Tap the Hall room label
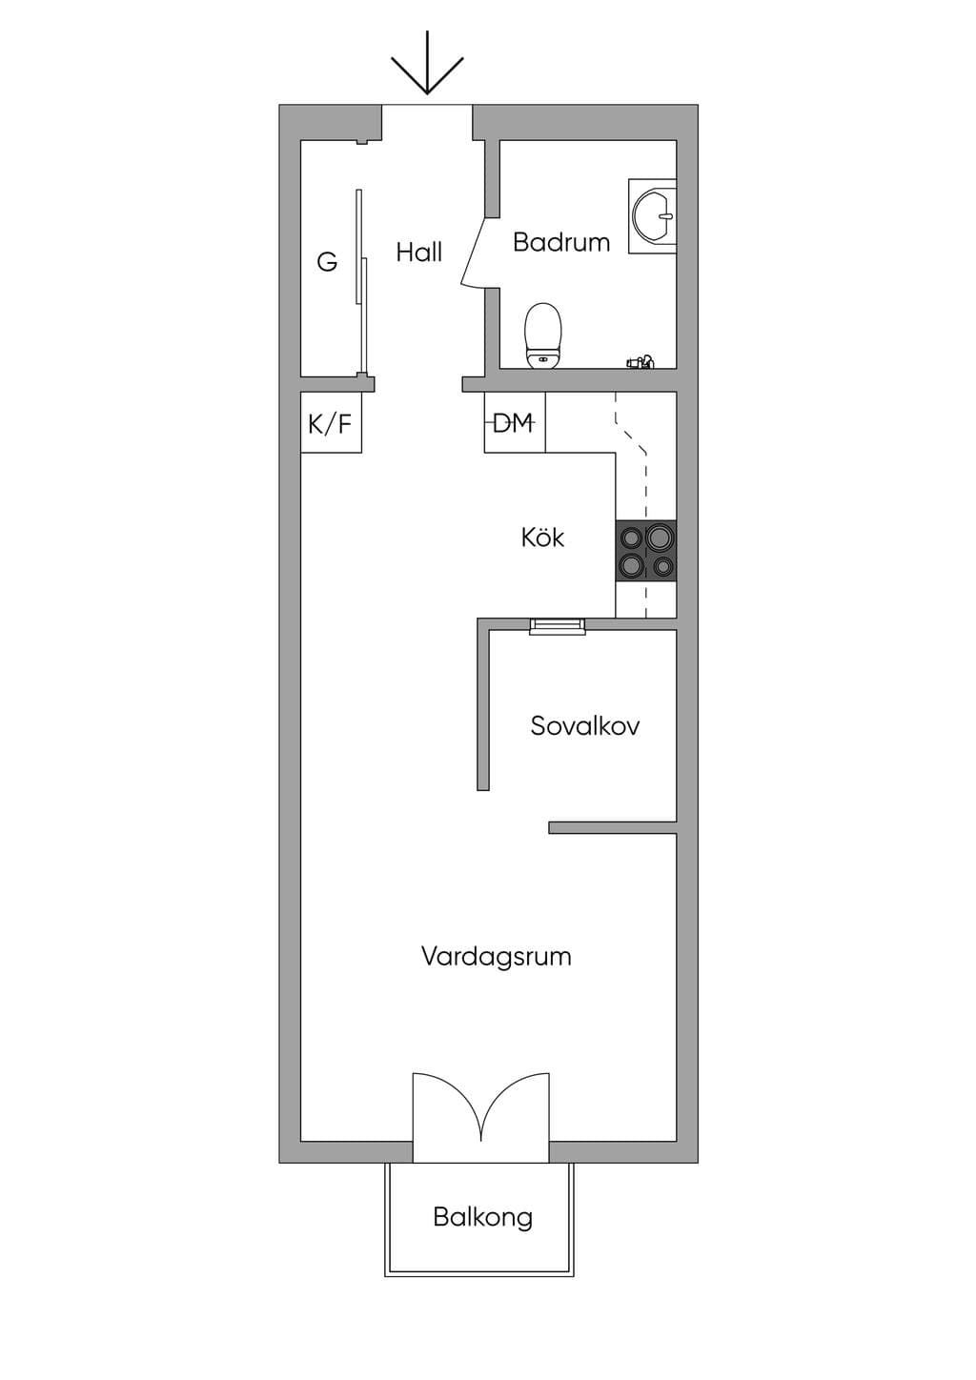pos(419,252)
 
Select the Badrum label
pos(561,242)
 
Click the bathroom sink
pos(653,216)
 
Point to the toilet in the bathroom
pos(543,335)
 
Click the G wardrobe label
pos(327,262)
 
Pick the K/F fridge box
pos(331,422)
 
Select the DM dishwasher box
pos(515,422)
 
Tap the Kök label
pos(542,538)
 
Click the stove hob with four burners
pos(645,550)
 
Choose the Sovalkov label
pos(584,725)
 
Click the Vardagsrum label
pos(496,957)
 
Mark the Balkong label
pos(482,1217)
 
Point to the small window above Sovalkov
pos(558,625)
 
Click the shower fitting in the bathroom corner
pos(640,361)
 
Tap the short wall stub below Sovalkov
pos(613,827)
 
